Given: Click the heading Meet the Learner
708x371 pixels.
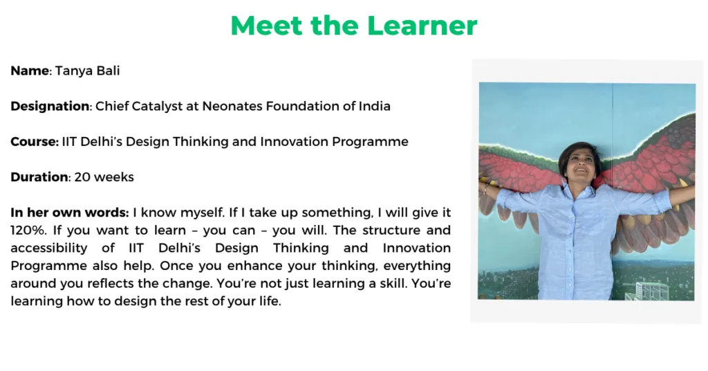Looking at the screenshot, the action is click(353, 26).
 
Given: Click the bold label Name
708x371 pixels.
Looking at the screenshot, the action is click(30, 71).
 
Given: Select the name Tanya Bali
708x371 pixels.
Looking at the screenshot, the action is click(88, 71).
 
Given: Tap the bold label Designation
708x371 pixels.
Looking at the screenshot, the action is click(50, 106).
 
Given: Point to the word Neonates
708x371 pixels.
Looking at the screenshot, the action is click(232, 106).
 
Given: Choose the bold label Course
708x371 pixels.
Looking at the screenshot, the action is click(35, 141).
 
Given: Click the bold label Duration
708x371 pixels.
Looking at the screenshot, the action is click(39, 177).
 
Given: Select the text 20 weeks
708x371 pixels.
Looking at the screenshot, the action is click(104, 177).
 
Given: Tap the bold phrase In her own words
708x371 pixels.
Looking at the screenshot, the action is click(70, 212).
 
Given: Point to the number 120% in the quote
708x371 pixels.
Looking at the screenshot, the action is click(28, 230).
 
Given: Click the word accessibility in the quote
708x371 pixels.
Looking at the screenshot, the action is click(49, 248).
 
